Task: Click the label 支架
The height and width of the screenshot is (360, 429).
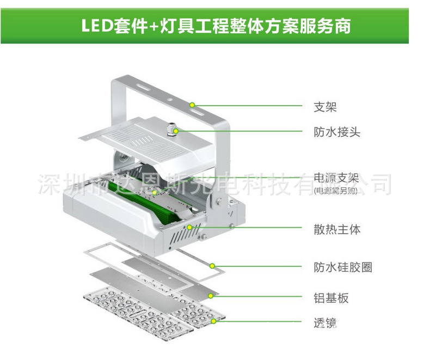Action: pos(325,107)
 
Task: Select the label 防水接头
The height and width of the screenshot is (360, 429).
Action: pos(336,132)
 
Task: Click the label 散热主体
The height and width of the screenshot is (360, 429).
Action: pos(336,229)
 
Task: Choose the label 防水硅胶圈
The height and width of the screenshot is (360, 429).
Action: pos(342,267)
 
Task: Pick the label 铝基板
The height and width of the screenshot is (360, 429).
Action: pos(330,298)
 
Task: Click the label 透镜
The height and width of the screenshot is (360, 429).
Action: pos(325,323)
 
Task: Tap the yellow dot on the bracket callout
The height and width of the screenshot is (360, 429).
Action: pos(192,104)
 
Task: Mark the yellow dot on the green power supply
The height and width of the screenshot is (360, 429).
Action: pos(155,192)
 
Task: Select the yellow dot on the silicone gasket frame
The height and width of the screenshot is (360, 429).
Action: pos(212,266)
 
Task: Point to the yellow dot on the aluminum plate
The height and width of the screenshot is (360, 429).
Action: pos(211,296)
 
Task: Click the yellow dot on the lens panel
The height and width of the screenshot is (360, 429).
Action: pos(214,322)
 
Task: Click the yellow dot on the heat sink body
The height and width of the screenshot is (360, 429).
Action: pos(189,227)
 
